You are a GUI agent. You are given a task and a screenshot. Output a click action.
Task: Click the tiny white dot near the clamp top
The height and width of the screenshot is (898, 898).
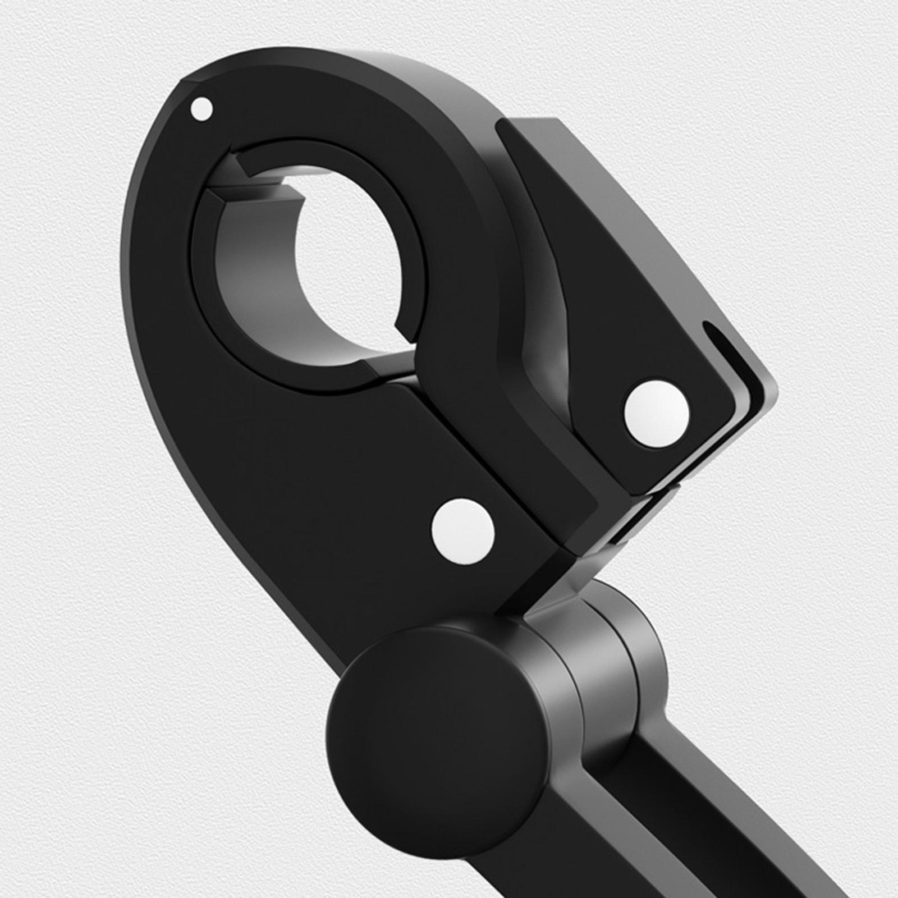point(202,108)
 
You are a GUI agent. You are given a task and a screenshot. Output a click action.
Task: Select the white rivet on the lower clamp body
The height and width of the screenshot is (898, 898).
point(463,532)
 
